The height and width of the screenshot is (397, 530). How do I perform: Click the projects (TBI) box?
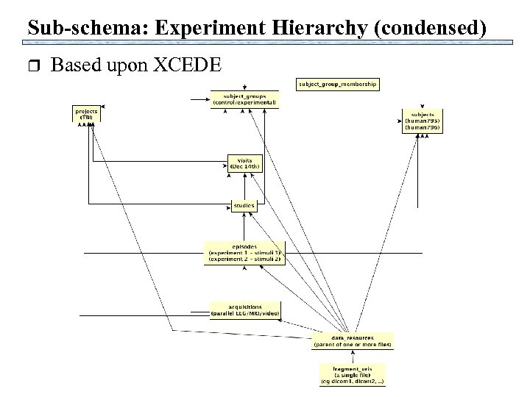point(85,115)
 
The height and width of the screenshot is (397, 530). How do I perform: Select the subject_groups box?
point(244,99)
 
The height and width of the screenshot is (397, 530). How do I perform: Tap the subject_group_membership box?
point(338,84)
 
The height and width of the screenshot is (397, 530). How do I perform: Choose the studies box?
point(244,204)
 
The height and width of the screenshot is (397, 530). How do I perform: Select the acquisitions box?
point(245,310)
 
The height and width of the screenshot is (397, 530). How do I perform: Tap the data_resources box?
point(353,340)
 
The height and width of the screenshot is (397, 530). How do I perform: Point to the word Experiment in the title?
point(200,28)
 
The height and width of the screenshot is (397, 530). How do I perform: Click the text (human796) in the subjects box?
point(423,128)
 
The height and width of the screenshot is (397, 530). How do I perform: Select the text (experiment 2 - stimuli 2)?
point(244,260)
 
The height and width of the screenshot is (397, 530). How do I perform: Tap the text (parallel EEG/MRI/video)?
point(245,313)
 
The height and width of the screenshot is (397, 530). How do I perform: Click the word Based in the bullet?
point(77,65)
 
